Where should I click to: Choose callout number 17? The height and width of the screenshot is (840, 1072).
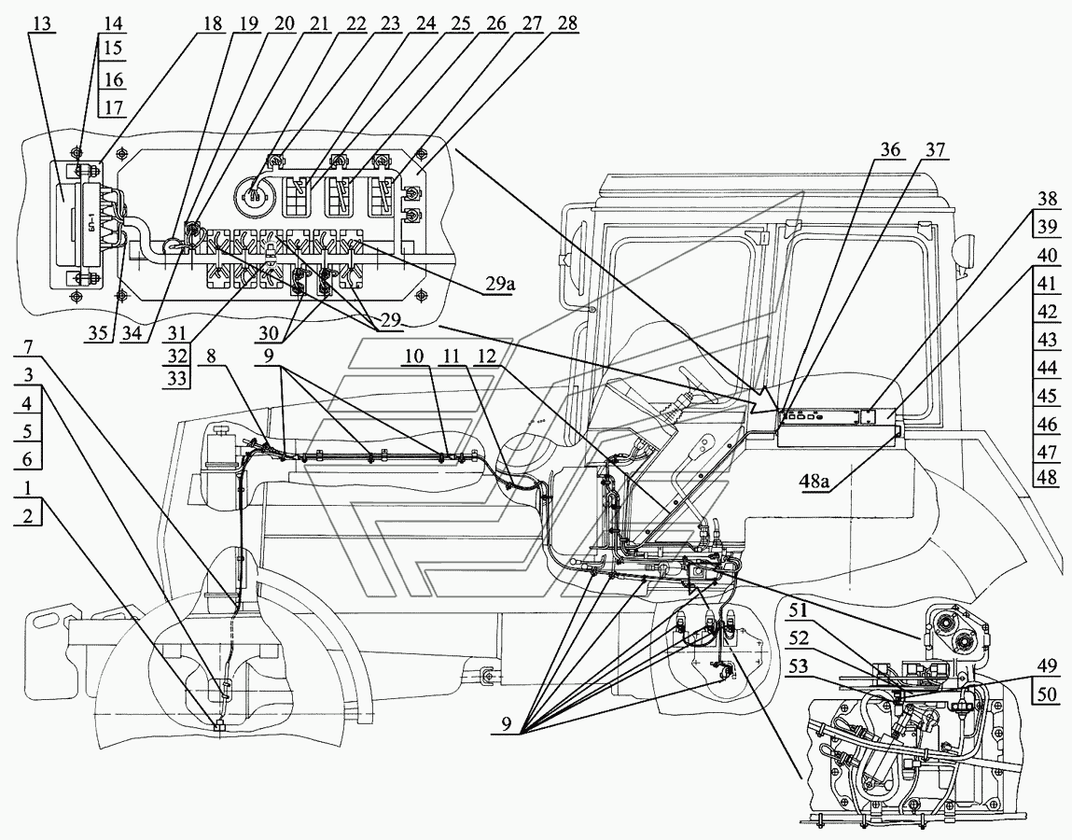click(113, 107)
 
